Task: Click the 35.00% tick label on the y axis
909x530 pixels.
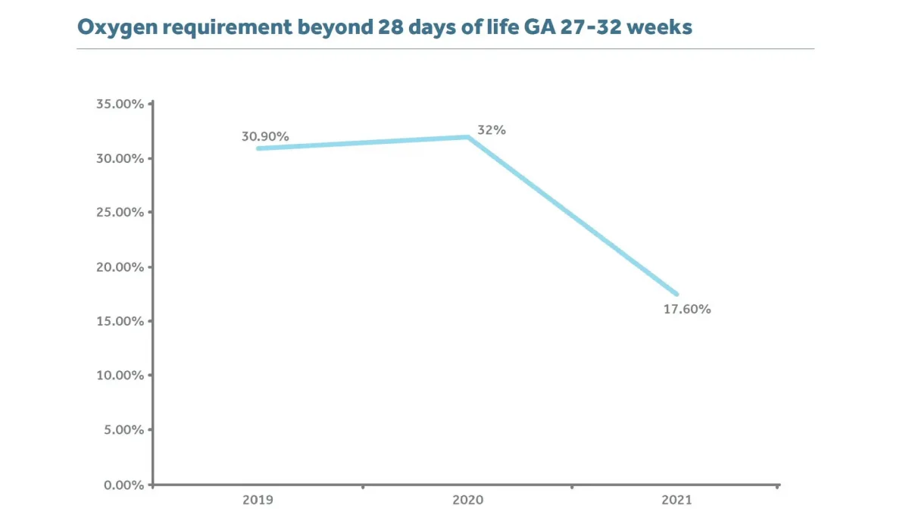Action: (x=120, y=104)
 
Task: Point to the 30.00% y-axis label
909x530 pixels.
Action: (x=120, y=158)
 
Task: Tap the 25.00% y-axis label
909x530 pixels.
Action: (x=120, y=212)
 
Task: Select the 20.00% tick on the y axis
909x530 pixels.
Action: (x=120, y=267)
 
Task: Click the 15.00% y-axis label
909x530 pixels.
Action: (x=120, y=321)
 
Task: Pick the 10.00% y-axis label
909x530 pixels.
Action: (x=120, y=376)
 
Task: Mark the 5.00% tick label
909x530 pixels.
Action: (x=123, y=430)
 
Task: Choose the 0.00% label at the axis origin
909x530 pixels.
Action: (x=123, y=485)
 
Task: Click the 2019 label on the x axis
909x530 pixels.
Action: (x=258, y=500)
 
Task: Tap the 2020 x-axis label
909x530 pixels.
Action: (x=467, y=500)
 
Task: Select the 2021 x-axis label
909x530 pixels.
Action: (x=676, y=500)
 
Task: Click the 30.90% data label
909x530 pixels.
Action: (x=265, y=137)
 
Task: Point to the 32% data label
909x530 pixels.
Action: (x=492, y=130)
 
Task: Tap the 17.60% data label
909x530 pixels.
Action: (x=687, y=310)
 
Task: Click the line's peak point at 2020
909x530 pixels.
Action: (x=468, y=137)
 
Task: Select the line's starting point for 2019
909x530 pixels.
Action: (x=258, y=148)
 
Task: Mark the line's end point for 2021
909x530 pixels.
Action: (x=676, y=294)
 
